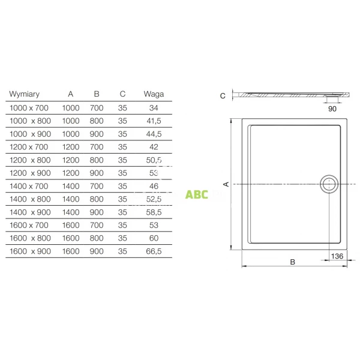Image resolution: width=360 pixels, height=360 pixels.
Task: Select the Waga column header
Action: (x=154, y=94)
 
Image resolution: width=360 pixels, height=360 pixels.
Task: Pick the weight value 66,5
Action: (x=154, y=253)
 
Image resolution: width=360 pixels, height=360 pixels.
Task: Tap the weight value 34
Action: (x=154, y=108)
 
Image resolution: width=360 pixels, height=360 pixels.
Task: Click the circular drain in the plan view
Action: (x=329, y=184)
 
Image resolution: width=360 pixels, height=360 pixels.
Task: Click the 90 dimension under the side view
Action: (x=332, y=109)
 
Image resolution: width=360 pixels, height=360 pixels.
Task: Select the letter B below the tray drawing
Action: (x=292, y=261)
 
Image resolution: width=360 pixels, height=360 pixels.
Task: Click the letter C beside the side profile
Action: (x=223, y=95)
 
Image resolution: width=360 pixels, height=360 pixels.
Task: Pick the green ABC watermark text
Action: (x=196, y=194)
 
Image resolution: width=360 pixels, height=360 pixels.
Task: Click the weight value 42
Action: (x=154, y=147)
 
